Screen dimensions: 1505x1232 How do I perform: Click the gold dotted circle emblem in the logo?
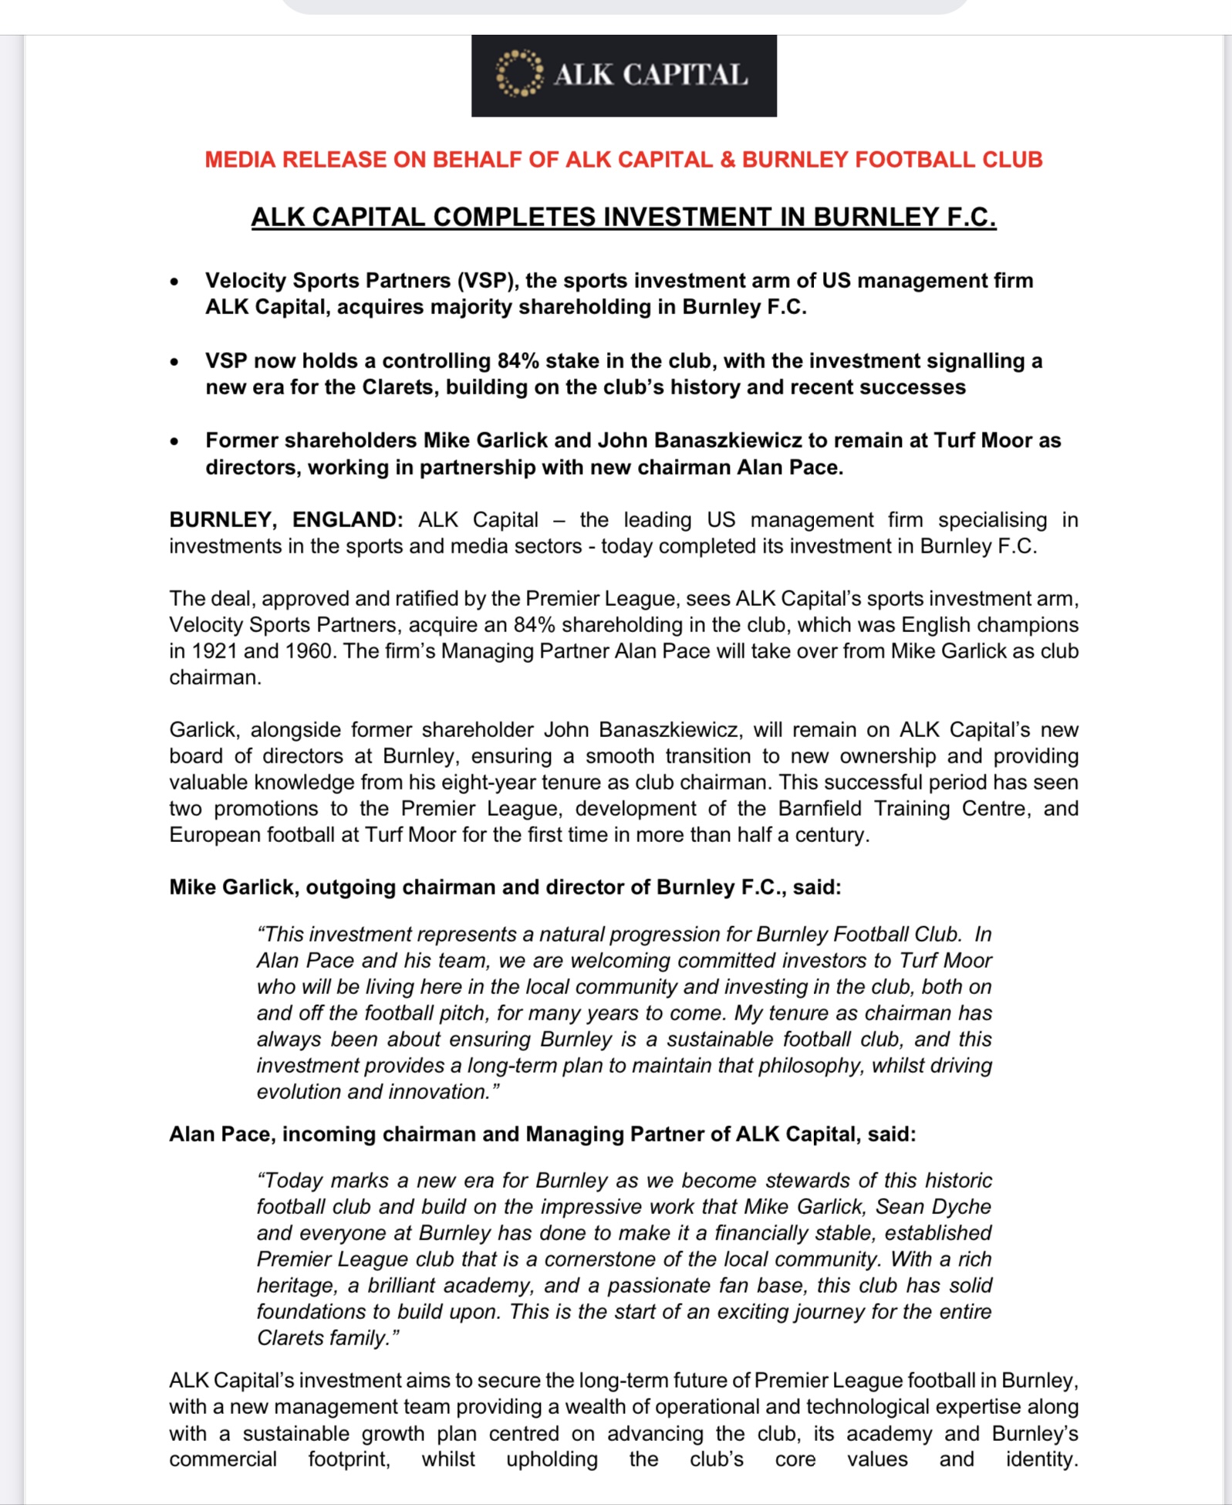pyautogui.click(x=519, y=74)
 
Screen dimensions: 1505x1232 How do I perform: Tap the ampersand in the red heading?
pyautogui.click(x=727, y=160)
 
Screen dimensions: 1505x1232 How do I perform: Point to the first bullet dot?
pyautogui.click(x=175, y=282)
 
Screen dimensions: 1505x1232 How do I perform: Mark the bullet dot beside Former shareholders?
pyautogui.click(x=175, y=441)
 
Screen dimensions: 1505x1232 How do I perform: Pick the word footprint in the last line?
pyautogui.click(x=349, y=1459)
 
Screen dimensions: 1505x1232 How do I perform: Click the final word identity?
pyautogui.click(x=1041, y=1459)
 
